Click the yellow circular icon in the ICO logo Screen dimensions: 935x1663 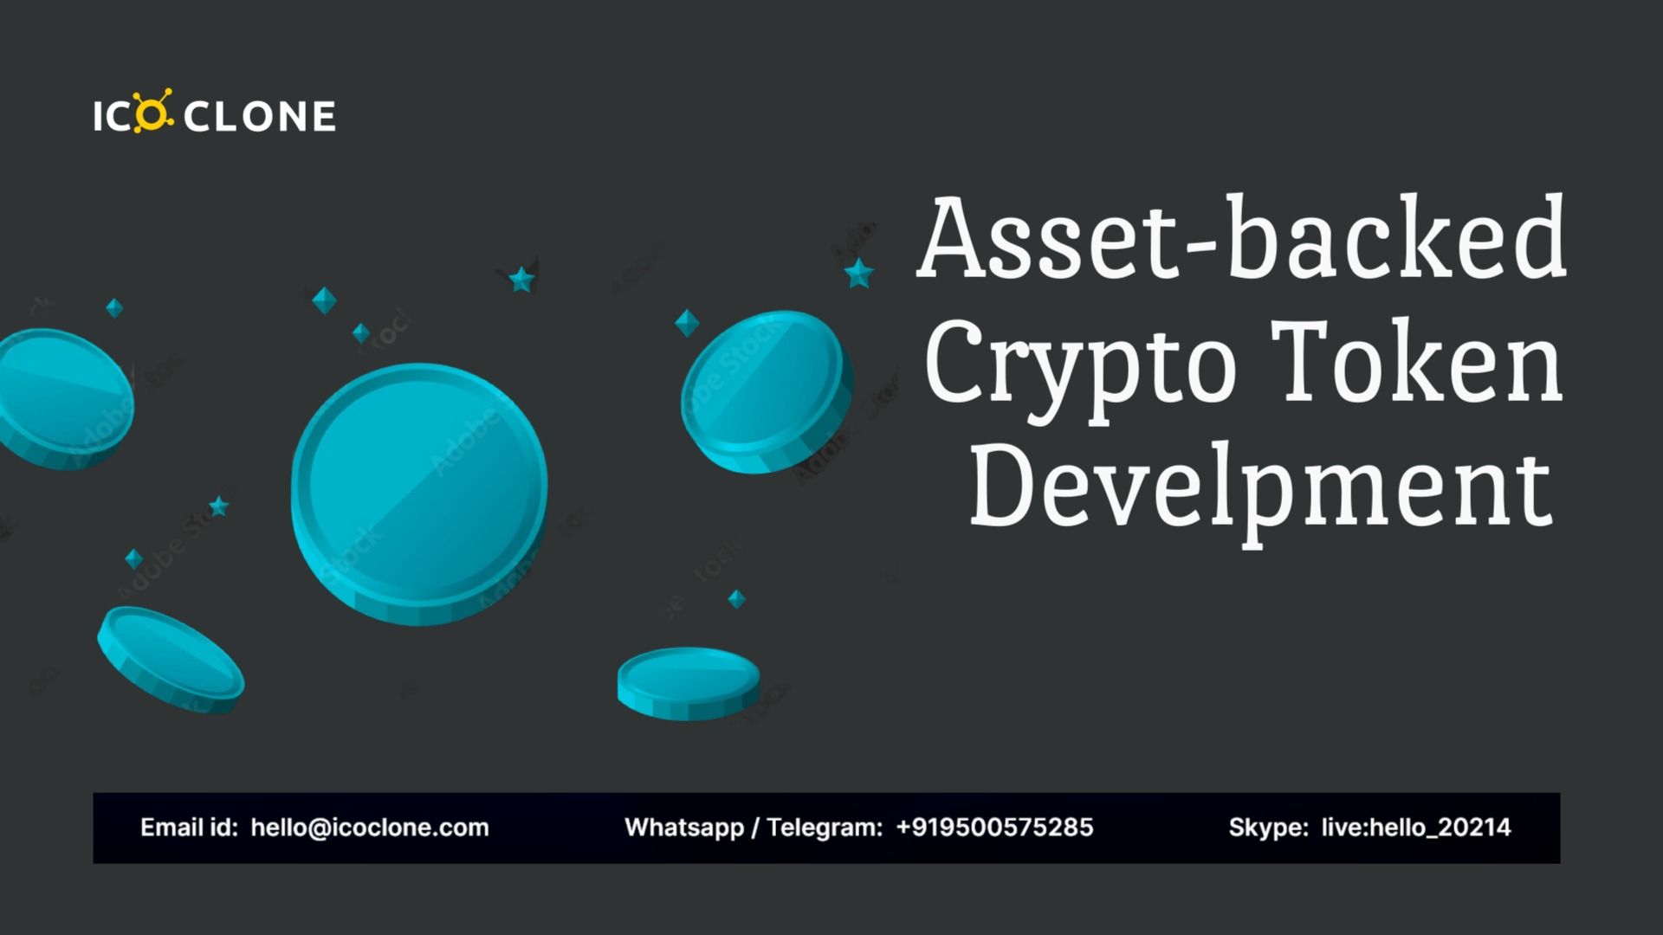click(x=153, y=115)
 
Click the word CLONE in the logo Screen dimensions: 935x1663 click(x=260, y=117)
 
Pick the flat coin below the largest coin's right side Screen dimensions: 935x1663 click(x=688, y=683)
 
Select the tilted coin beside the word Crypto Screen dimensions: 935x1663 click(x=765, y=391)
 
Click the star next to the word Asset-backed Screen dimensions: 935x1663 click(x=858, y=274)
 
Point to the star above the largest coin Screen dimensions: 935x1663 click(x=521, y=279)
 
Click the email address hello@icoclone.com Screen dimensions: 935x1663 click(x=370, y=828)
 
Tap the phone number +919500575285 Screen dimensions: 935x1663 click(x=994, y=828)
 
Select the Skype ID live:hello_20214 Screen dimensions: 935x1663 click(x=1415, y=828)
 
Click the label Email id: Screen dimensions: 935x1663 click(x=189, y=828)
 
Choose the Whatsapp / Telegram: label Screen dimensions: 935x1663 click(x=753, y=828)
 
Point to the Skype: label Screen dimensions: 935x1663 click(x=1268, y=828)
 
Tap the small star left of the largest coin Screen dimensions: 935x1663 click(x=218, y=506)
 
